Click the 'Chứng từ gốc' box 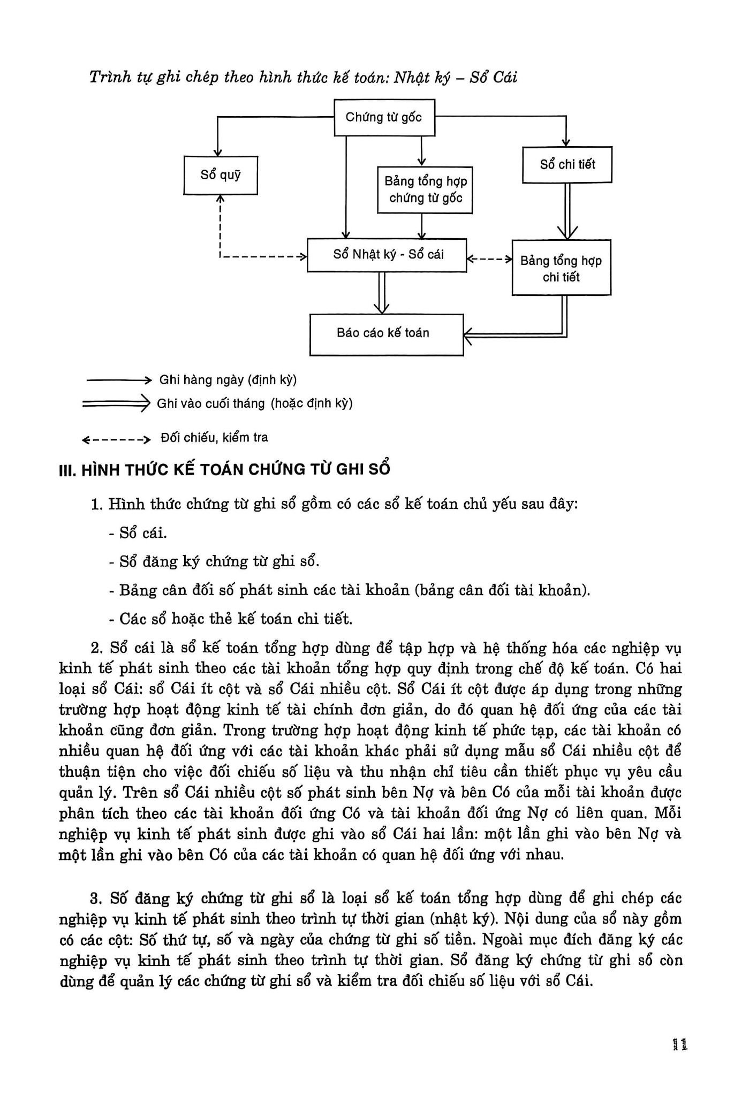tap(384, 117)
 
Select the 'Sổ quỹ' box tap(221, 175)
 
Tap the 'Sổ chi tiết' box tap(567, 165)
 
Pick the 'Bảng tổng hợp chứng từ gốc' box tap(425, 189)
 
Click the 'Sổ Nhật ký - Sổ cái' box tap(387, 255)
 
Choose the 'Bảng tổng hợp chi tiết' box tap(561, 268)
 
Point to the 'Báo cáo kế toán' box tap(386, 334)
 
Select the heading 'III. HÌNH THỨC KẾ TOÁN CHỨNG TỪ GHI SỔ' tap(224, 469)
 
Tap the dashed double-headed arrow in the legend tap(116, 440)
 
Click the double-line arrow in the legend tap(116, 403)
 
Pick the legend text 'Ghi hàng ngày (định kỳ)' tap(228, 380)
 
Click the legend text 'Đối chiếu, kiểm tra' tap(214, 438)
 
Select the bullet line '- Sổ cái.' tap(138, 533)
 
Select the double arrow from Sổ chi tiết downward tap(567, 211)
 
